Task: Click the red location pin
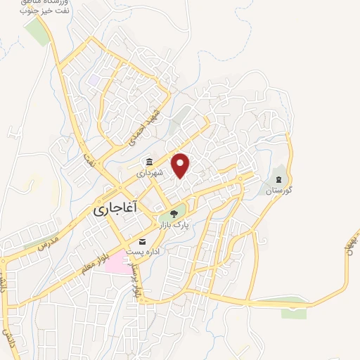[x=181, y=165]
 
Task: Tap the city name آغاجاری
[x=116, y=210]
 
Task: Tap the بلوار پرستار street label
[x=136, y=275]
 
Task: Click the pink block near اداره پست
[x=119, y=265]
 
